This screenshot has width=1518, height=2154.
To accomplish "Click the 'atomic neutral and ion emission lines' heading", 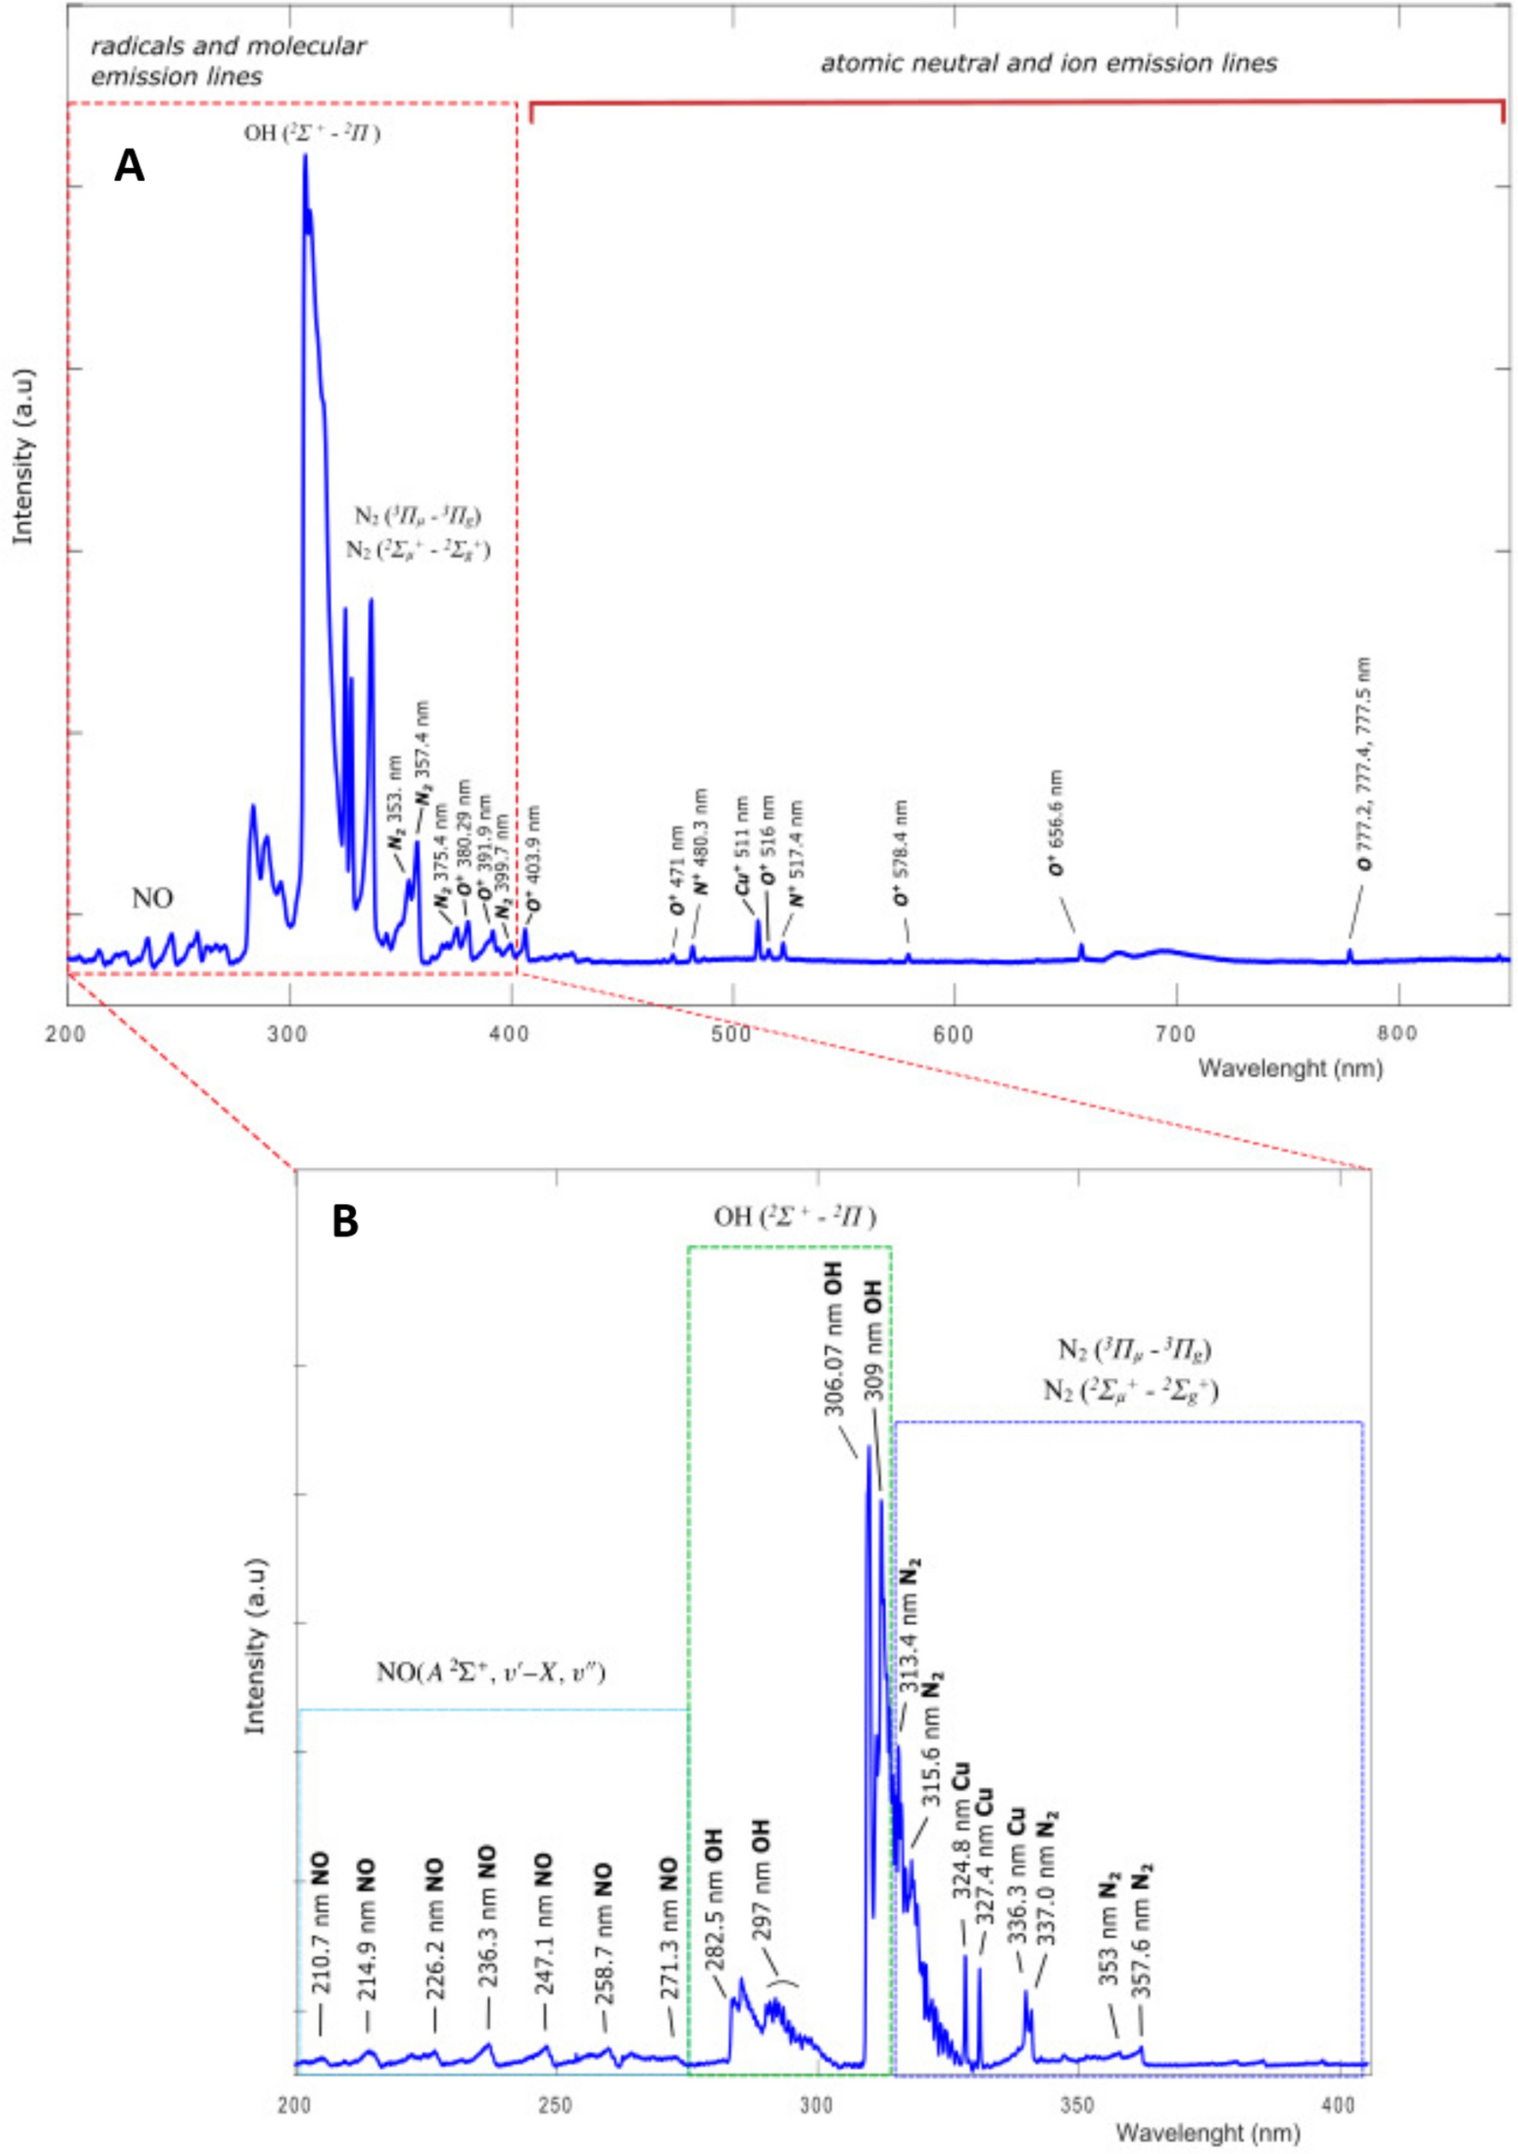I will click(x=1048, y=63).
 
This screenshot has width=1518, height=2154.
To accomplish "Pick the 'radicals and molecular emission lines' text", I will click(x=227, y=61).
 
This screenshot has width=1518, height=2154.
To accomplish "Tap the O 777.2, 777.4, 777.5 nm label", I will click(x=1365, y=765).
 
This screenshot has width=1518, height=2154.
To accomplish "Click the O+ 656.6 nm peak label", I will click(x=1057, y=823).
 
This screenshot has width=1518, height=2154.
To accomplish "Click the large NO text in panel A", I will click(x=152, y=899).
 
